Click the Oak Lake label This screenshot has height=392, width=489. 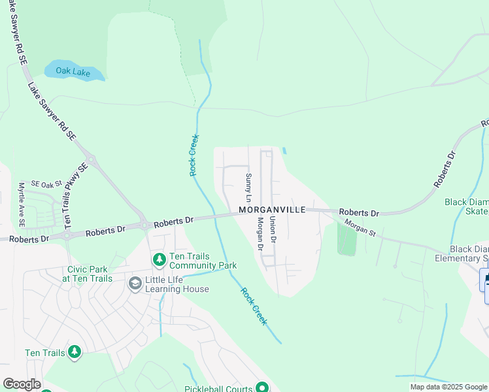[x=73, y=72]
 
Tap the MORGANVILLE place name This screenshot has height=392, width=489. [x=272, y=210]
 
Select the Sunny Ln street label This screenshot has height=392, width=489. [x=248, y=187]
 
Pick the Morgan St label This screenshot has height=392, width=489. [x=360, y=228]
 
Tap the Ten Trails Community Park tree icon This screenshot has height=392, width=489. [x=159, y=260]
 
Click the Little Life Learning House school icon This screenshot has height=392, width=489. [x=135, y=283]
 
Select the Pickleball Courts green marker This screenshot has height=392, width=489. [x=261, y=388]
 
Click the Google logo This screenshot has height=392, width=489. [x=22, y=384]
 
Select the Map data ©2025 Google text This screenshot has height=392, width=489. [x=448, y=387]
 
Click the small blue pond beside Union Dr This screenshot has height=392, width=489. [x=284, y=151]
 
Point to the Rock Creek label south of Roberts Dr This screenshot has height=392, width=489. [x=254, y=306]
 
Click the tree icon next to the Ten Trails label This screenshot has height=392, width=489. [x=75, y=353]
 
